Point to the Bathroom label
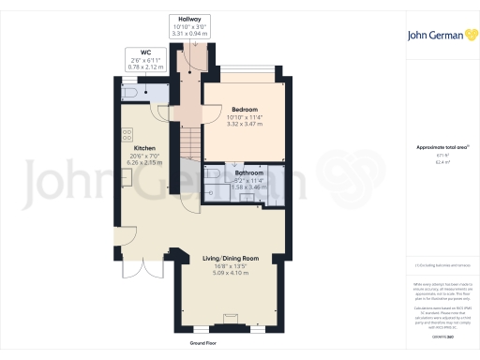(x=249, y=173)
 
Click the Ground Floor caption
(x=205, y=344)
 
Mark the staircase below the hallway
(x=189, y=141)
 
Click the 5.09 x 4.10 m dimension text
(x=231, y=273)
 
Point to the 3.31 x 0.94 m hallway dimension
(x=188, y=34)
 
